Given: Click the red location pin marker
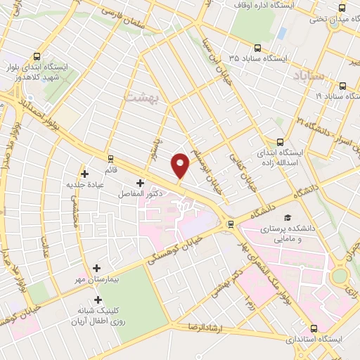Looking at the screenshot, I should [x=181, y=165].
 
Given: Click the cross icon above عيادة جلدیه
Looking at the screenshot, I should [x=85, y=174].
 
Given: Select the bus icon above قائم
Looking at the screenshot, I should [x=110, y=157].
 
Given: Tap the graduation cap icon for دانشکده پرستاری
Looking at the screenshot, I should [x=287, y=219].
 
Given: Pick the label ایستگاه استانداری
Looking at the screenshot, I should [x=314, y=339].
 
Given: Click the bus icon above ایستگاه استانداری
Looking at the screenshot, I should [x=313, y=328].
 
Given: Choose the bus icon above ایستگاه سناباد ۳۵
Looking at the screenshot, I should [x=257, y=49].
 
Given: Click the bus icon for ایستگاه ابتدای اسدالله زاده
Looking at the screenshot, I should [x=281, y=142].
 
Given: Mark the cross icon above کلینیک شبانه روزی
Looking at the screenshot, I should [x=86, y=301].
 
